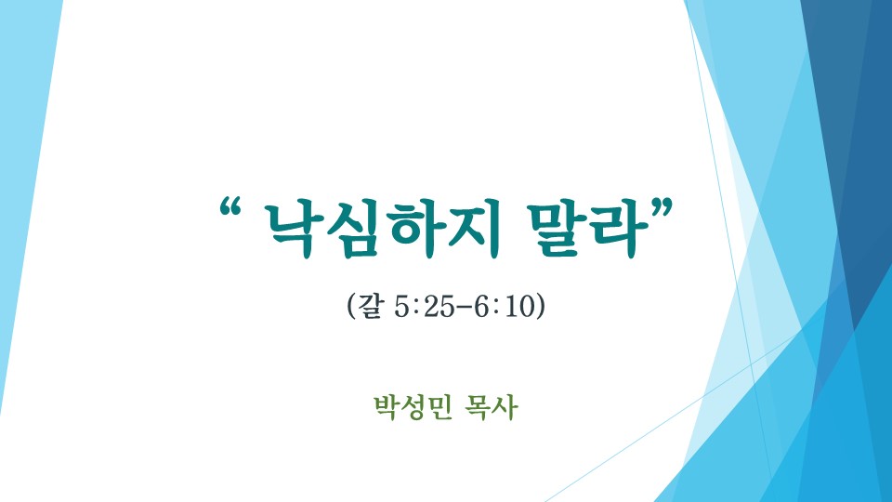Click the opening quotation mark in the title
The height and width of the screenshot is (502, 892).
[230, 207]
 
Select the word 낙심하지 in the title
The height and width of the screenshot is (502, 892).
[384, 229]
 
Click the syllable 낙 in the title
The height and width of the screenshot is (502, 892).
[294, 229]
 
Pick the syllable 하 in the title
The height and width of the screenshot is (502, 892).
[414, 229]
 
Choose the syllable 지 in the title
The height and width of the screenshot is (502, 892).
[475, 229]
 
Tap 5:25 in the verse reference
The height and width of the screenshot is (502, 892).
[425, 307]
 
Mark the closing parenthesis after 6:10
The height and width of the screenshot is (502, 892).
[541, 307]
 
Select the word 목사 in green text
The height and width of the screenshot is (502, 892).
[491, 407]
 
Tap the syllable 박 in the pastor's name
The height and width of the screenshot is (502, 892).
[387, 407]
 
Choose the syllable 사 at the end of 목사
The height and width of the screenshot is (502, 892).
[505, 407]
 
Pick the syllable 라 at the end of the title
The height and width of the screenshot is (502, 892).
[620, 229]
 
